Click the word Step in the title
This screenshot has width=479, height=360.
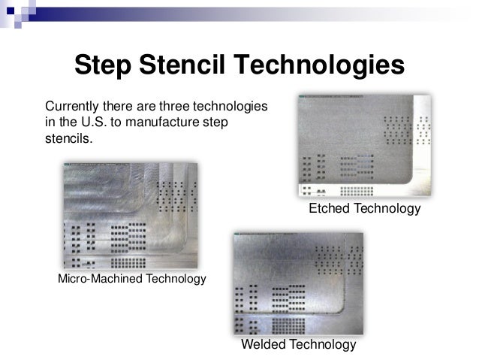point(104,65)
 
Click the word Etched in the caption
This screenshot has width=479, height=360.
point(330,207)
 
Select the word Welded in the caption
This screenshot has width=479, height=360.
point(263,345)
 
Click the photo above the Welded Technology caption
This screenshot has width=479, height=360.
point(298,283)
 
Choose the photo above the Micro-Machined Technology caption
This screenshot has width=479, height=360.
point(130,216)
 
